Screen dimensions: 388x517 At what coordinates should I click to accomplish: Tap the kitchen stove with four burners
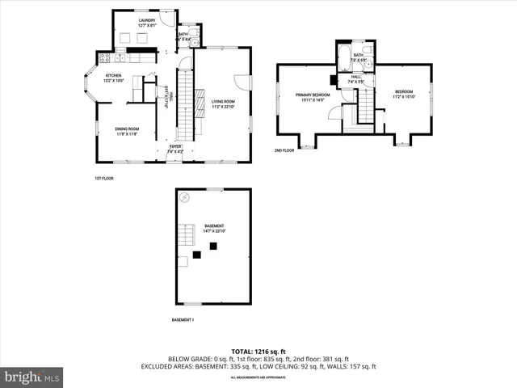coord(103,57)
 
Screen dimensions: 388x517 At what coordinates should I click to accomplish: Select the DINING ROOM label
coord(128,131)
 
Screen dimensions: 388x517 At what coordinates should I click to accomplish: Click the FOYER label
coord(175,148)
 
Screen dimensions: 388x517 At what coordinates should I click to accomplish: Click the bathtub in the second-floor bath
coord(346,58)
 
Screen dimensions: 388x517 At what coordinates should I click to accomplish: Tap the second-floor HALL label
coord(355,79)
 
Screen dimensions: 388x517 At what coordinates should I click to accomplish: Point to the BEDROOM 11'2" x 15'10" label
coord(403,94)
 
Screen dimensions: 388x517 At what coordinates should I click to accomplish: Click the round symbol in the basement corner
coord(186,197)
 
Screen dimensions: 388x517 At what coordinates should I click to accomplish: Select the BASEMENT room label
coord(214,228)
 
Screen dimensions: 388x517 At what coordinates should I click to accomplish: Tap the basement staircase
coord(187,234)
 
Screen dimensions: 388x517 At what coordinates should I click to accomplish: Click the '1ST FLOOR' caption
coord(103,177)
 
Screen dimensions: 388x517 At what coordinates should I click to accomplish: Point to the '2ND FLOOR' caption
coord(284,150)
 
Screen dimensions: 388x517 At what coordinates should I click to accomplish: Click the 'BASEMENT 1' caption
coord(183,320)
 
